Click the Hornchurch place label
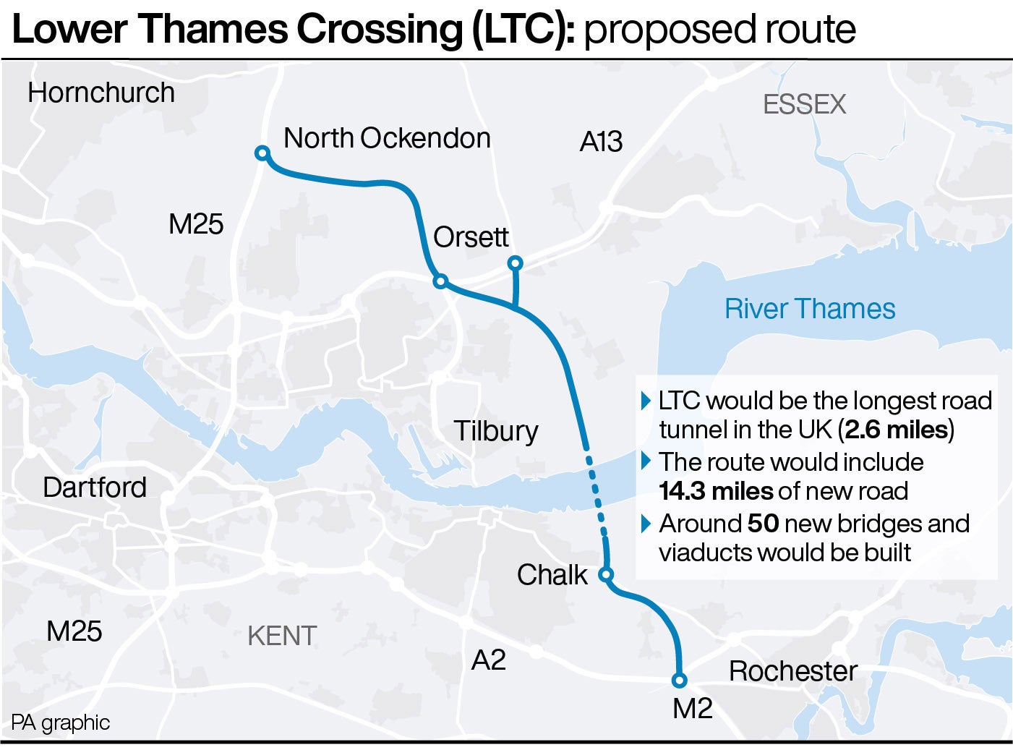[101, 93]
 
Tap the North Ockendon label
[387, 137]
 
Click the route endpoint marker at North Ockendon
[262, 153]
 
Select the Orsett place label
[471, 236]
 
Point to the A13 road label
[601, 142]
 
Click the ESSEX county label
[804, 105]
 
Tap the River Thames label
[810, 309]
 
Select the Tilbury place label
[496, 431]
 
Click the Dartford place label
[95, 487]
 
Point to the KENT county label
[282, 636]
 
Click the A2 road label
[488, 660]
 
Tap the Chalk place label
[552, 575]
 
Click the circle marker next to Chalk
[607, 575]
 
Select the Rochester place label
[792, 670]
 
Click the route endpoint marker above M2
[679, 680]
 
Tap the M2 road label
[692, 709]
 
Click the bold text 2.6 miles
[896, 430]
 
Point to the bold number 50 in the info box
[762, 523]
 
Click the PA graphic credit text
[61, 723]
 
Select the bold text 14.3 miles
[715, 491]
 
